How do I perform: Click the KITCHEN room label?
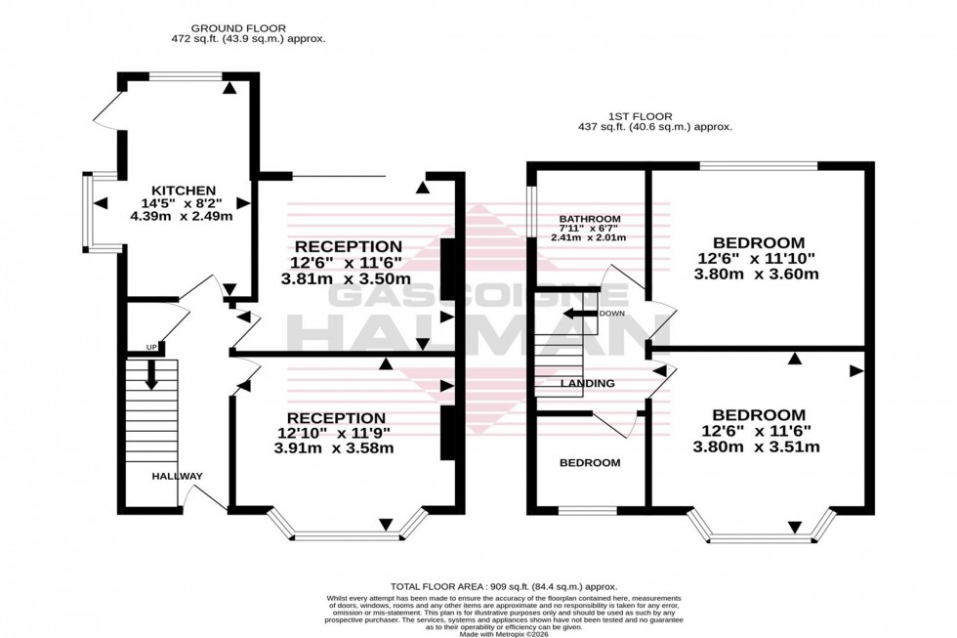[x=184, y=190]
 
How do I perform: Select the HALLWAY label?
[x=177, y=476]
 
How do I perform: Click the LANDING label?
[x=587, y=383]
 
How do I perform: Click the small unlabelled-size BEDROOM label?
[x=589, y=462]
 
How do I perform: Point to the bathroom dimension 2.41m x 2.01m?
[x=587, y=237]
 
